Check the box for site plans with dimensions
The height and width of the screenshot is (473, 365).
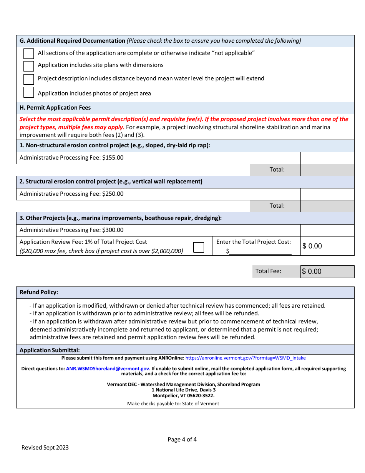[x=29, y=66]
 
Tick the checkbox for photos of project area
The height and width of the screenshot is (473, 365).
[x=29, y=92]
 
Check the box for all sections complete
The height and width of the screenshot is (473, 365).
[x=29, y=54]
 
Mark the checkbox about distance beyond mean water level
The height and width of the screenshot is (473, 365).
[x=29, y=79]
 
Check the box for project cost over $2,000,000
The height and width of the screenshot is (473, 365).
[x=199, y=247]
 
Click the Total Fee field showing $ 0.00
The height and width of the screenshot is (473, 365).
[x=327, y=271]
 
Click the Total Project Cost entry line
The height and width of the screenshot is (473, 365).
[x=260, y=251]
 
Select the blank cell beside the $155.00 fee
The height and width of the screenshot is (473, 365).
[x=327, y=158]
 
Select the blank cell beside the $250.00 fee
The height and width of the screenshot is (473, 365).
[x=327, y=194]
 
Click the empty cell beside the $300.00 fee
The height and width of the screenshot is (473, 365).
[x=327, y=230]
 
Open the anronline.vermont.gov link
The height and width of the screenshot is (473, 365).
[x=246, y=358]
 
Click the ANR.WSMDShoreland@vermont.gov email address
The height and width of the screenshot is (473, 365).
[x=108, y=368]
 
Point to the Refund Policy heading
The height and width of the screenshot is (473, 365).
[x=39, y=292]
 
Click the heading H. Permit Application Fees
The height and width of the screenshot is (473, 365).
[x=55, y=108]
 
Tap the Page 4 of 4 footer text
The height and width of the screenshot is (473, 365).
[x=182, y=440]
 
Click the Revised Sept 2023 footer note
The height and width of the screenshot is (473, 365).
[x=45, y=448]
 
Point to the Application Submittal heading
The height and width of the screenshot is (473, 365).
[x=50, y=350]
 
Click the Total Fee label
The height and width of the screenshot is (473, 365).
[x=268, y=271]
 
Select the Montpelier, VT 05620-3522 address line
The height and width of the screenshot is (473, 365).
[x=183, y=395]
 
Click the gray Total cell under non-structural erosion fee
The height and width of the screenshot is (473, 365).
[x=327, y=170]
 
